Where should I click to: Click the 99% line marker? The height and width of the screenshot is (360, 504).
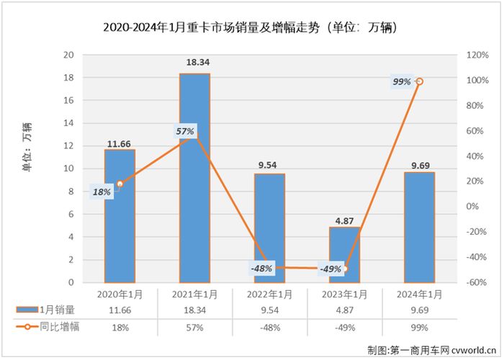point(420,81)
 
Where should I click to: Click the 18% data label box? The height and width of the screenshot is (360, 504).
point(102,192)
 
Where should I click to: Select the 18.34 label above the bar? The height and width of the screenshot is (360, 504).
point(194,64)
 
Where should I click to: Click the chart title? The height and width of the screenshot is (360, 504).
point(251,28)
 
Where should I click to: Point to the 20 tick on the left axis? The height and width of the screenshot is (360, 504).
point(70,55)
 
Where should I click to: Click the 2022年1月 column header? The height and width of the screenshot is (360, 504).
point(269,294)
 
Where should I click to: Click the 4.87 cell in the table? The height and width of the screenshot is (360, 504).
point(344,310)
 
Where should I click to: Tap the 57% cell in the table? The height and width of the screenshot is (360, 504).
point(194,327)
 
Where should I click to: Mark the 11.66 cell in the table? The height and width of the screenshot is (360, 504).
point(120,310)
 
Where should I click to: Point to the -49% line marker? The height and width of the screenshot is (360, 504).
point(344,269)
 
